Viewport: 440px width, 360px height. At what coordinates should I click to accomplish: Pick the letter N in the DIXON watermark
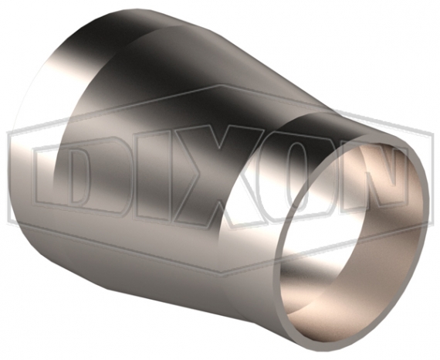(371, 180)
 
